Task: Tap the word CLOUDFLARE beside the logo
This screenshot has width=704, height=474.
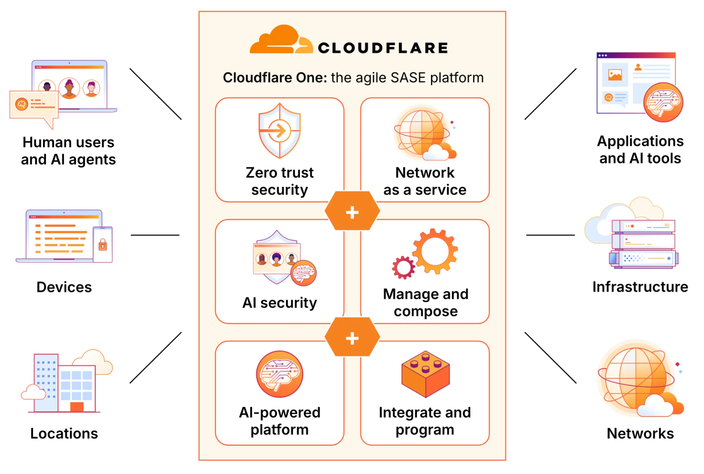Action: pos(383,48)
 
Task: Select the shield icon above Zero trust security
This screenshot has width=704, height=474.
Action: pos(280,131)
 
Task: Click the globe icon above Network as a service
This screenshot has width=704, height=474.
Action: pos(421,133)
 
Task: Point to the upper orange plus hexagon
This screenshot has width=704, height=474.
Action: pos(352,211)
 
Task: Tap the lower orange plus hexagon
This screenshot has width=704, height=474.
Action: pos(352,337)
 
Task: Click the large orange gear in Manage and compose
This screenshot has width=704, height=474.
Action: pos(435,251)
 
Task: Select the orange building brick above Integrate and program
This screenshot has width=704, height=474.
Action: pos(425,374)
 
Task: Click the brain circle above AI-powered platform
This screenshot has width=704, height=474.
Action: pos(280,374)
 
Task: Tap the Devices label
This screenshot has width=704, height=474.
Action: pos(64,287)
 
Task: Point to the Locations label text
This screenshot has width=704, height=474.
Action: pos(64,433)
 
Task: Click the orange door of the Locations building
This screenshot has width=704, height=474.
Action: pos(77,407)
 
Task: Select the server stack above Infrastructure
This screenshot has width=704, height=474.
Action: pos(643,244)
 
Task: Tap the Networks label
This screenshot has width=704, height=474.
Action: pos(640,433)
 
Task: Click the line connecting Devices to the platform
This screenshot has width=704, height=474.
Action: pos(155,235)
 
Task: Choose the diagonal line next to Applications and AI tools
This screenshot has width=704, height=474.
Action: pos(550,94)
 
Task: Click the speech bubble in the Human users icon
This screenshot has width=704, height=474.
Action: pos(34,105)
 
